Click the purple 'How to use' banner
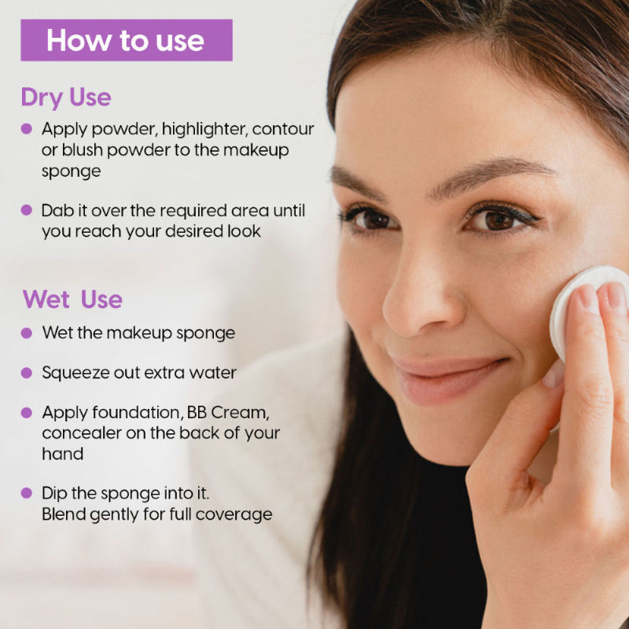coord(127,40)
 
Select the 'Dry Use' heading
coord(66,97)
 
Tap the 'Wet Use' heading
coord(72,300)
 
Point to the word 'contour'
coord(283,129)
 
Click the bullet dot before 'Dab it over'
coord(27,210)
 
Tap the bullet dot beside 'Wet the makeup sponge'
coord(27,333)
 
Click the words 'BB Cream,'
coord(228,412)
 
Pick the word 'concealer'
coord(82,433)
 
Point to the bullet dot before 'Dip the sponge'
coord(27,493)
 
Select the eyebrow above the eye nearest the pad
coord(494,173)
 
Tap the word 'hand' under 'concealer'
coord(63,454)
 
